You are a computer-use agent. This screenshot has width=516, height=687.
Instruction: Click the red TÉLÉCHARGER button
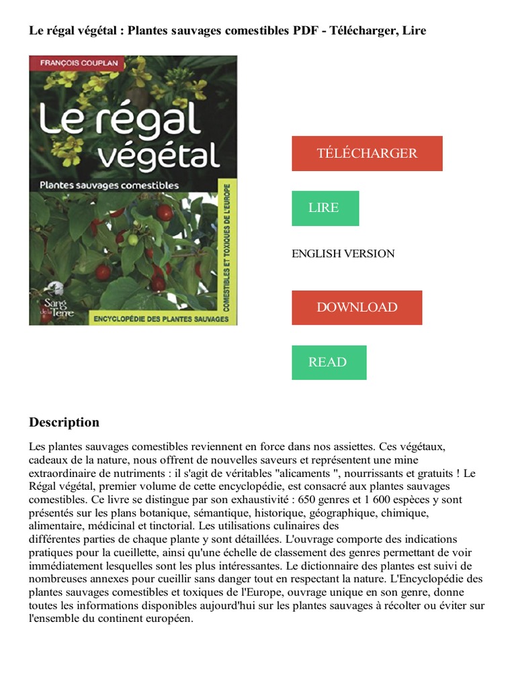(367, 153)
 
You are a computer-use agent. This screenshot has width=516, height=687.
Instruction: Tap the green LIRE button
(325, 208)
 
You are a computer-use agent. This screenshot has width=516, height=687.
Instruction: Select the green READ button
(329, 362)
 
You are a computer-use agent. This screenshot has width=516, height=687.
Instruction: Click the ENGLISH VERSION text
(343, 254)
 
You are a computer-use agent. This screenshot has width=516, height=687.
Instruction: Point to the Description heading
(64, 422)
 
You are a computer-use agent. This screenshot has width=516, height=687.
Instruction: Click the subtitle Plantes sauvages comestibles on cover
(110, 184)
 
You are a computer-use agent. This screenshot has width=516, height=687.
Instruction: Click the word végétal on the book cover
(159, 157)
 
